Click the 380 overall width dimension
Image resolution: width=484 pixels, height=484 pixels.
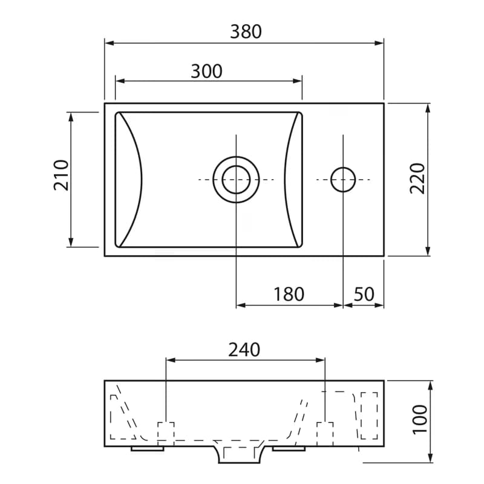coord(246,31)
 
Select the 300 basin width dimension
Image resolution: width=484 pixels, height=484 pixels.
coord(206,71)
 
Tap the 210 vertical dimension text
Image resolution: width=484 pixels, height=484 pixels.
coord(62,175)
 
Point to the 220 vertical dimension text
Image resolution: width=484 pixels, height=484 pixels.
coord(417,178)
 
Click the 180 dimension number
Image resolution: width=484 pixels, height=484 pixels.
coord(289,294)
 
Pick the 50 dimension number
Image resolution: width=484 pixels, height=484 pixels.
coord(364,294)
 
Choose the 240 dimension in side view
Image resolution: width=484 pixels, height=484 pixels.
coord(244,350)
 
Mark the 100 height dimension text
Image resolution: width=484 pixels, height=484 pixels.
coord(420,419)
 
